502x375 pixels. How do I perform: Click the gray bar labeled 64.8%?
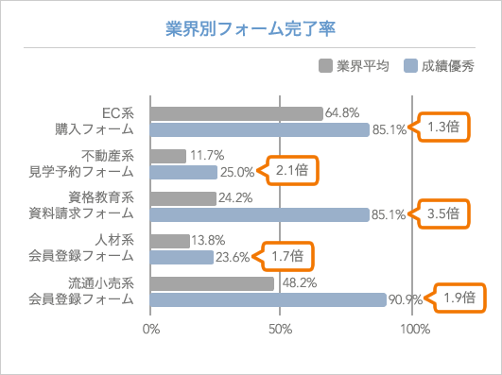coord(236,114)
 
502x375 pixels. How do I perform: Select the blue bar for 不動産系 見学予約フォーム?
coord(183,173)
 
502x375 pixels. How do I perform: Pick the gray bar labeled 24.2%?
coord(183,198)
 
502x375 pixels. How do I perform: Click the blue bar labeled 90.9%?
coord(268,299)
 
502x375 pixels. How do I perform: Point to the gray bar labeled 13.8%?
coord(170,241)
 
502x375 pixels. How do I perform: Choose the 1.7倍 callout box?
coord(285,255)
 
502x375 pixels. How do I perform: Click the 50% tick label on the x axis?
coord(280,330)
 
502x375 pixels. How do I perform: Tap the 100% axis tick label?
coord(414,330)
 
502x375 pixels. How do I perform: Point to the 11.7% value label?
coord(206,155)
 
